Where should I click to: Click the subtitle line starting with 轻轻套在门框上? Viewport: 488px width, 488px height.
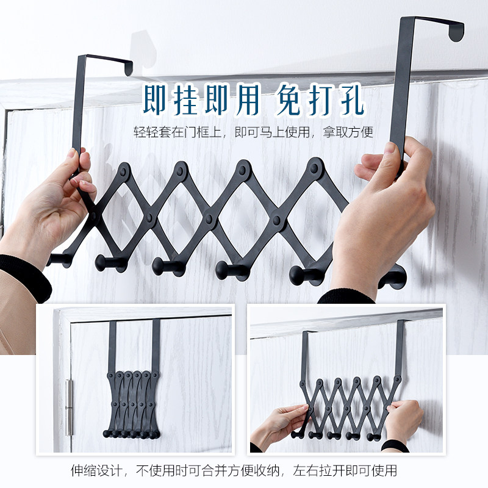coord(253,131)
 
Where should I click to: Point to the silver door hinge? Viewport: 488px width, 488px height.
coord(69,405)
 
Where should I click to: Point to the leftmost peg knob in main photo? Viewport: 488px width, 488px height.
coord(58,259)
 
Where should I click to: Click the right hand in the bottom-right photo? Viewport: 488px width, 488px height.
coord(406,421)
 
